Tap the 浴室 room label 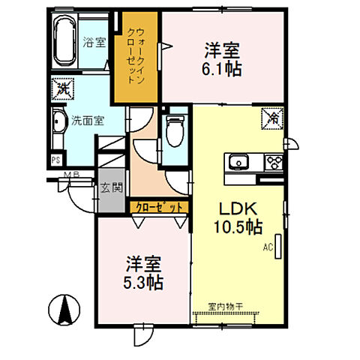pyautogui.click(x=94, y=43)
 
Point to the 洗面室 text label pyautogui.click(x=87, y=118)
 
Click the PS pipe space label pyautogui.click(x=55, y=160)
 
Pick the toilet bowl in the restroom pyautogui.click(x=174, y=132)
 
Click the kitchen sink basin pyautogui.click(x=239, y=161)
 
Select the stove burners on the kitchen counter pyautogui.click(x=273, y=160)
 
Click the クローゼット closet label pyautogui.click(x=157, y=205)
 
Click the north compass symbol pyautogui.click(x=64, y=308)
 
